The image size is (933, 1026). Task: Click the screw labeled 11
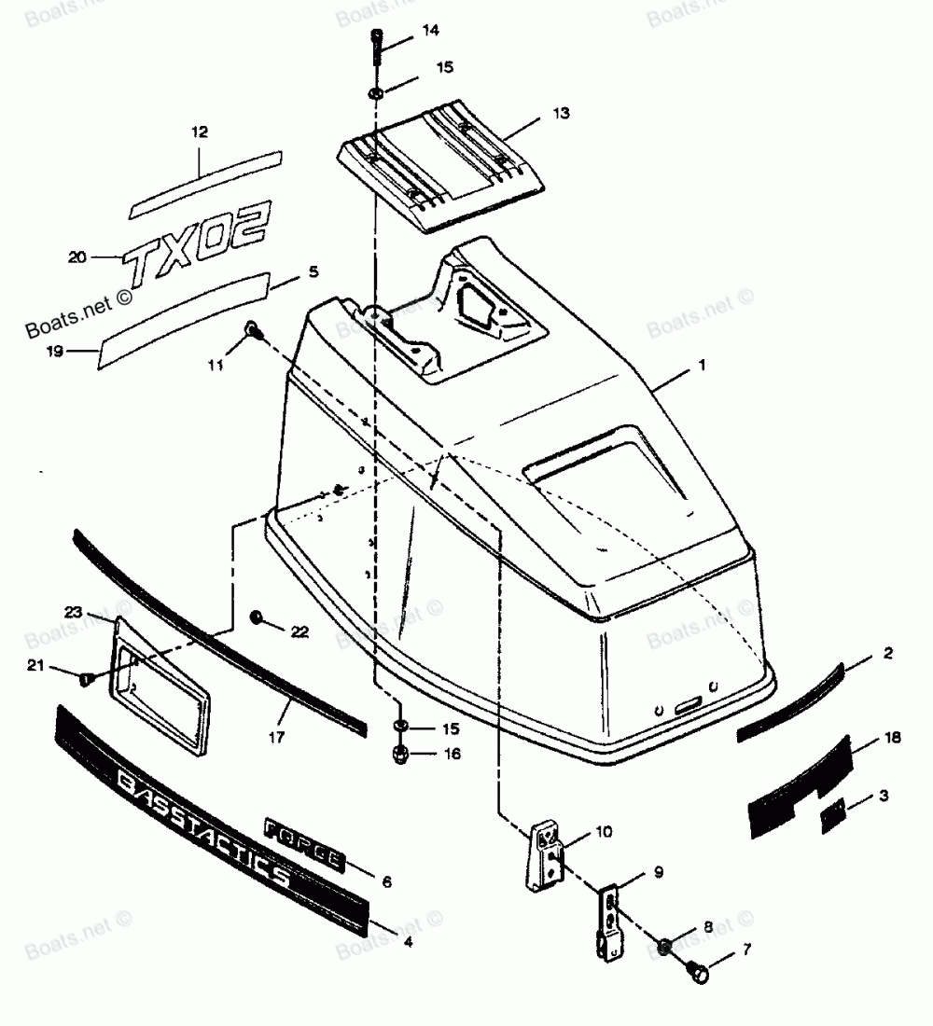pyautogui.click(x=252, y=328)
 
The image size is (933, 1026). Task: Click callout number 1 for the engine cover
pyautogui.click(x=701, y=367)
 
